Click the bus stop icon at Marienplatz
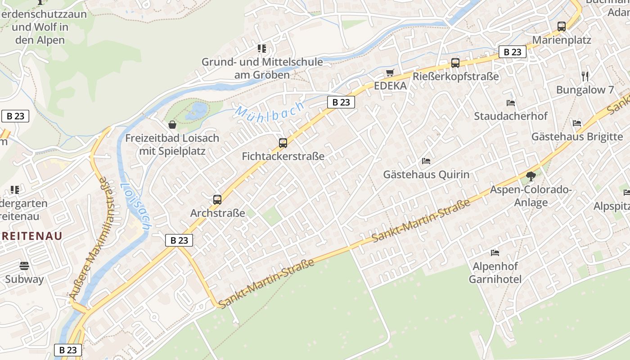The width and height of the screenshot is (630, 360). [562, 27]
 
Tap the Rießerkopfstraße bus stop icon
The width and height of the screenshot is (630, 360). [455, 63]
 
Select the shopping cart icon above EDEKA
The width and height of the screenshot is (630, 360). [390, 72]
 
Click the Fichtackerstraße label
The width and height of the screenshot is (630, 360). [283, 157]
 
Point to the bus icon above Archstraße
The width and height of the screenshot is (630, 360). [217, 199]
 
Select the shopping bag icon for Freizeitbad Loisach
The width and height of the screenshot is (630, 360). [172, 125]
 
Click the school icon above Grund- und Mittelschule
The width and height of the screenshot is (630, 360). [261, 49]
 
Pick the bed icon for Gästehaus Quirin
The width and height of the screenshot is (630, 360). [426, 161]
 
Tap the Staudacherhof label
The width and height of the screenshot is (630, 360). [510, 116]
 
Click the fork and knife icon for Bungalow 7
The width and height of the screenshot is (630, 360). [585, 76]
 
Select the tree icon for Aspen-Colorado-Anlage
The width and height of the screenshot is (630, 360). [531, 176]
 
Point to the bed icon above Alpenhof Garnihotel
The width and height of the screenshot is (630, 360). [495, 252]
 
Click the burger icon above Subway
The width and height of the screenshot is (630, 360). [24, 266]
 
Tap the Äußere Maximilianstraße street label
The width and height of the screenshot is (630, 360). [88, 238]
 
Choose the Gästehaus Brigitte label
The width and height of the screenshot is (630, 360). [577, 137]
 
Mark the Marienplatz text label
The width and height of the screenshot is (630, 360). [562, 40]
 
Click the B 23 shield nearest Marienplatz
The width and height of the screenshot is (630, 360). [512, 52]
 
